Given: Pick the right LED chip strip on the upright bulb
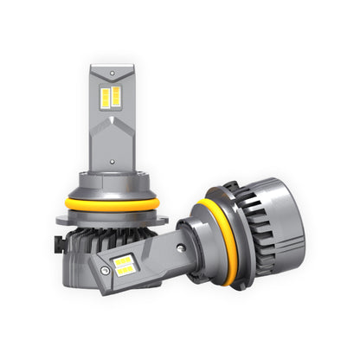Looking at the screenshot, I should (116, 96).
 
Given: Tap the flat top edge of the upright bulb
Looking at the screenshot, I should (112, 67).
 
